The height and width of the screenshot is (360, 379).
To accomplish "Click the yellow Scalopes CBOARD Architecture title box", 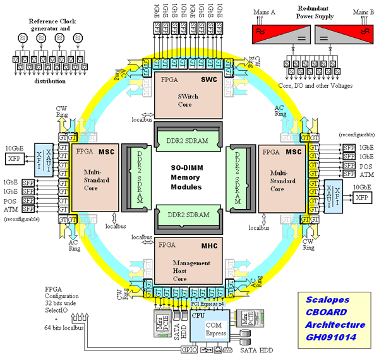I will coord(334,319).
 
